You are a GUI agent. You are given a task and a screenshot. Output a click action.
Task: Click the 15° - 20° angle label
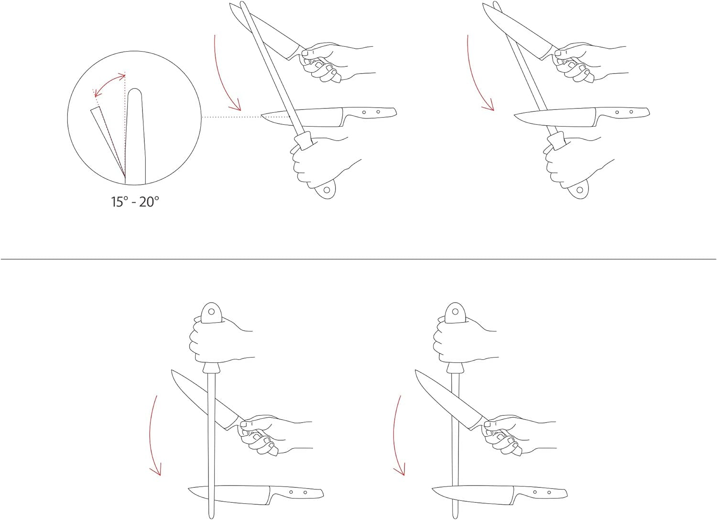tap(135, 202)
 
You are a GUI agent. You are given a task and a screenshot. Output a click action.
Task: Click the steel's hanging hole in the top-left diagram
tap(327, 190)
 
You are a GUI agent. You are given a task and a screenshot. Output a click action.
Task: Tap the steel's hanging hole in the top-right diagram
tap(580, 190)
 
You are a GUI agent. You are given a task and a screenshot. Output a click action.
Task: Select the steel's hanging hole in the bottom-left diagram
tap(211, 311)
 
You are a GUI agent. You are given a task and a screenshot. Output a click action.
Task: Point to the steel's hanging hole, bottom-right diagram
tap(455, 311)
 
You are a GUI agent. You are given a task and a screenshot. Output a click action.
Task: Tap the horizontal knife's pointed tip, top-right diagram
tap(514, 115)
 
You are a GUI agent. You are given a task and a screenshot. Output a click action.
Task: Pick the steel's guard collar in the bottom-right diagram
tap(455, 368)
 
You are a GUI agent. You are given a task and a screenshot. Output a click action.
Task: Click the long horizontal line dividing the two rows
tap(358, 259)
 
